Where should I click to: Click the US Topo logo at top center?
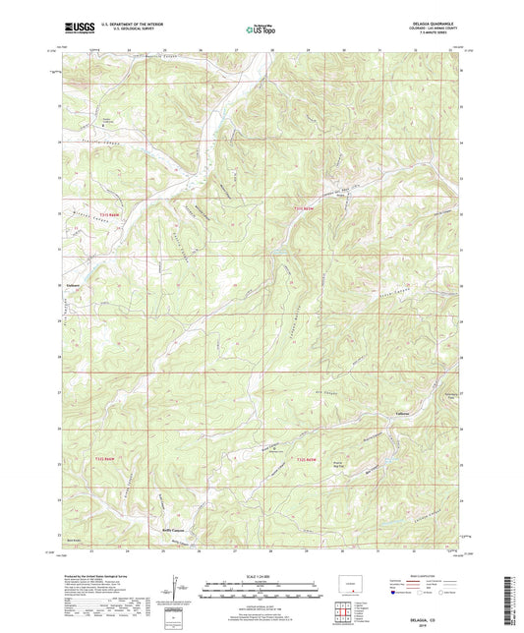click(x=261, y=30)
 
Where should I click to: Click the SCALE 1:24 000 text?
click(x=262, y=576)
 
